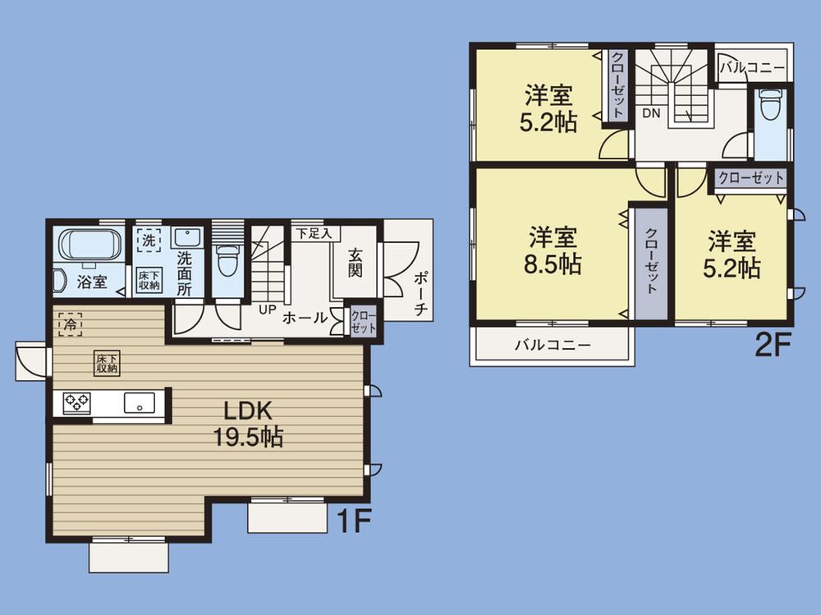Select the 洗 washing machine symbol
point(149,241)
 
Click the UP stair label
point(267,310)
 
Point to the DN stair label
point(651,112)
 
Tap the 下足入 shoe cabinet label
point(314,233)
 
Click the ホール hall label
point(305,319)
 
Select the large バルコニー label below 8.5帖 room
point(553,345)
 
